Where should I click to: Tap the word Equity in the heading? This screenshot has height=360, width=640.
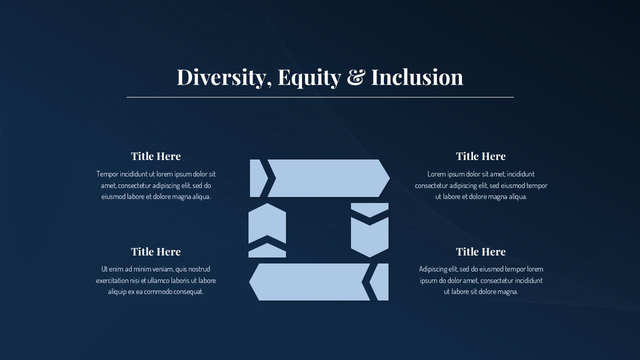[x=309, y=77]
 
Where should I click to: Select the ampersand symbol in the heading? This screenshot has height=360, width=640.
[x=355, y=77]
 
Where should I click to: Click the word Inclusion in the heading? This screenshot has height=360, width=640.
[x=417, y=77]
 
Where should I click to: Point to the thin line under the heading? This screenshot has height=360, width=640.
[x=320, y=97]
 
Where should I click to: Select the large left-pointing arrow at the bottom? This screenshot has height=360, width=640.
[x=310, y=282]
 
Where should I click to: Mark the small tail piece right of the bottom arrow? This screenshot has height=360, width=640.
[x=381, y=282]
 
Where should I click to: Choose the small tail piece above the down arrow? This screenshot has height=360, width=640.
[x=369, y=208]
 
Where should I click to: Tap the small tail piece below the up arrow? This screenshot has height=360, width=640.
[x=267, y=251]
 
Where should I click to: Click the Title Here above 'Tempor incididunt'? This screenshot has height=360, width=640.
[x=156, y=156]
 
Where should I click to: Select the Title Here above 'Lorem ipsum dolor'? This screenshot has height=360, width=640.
[x=481, y=156]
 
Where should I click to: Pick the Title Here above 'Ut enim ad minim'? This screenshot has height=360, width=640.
[x=156, y=251]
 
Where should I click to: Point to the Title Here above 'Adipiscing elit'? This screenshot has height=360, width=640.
[x=481, y=251]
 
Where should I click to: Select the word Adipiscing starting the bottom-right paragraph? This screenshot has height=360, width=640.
[x=434, y=269]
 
